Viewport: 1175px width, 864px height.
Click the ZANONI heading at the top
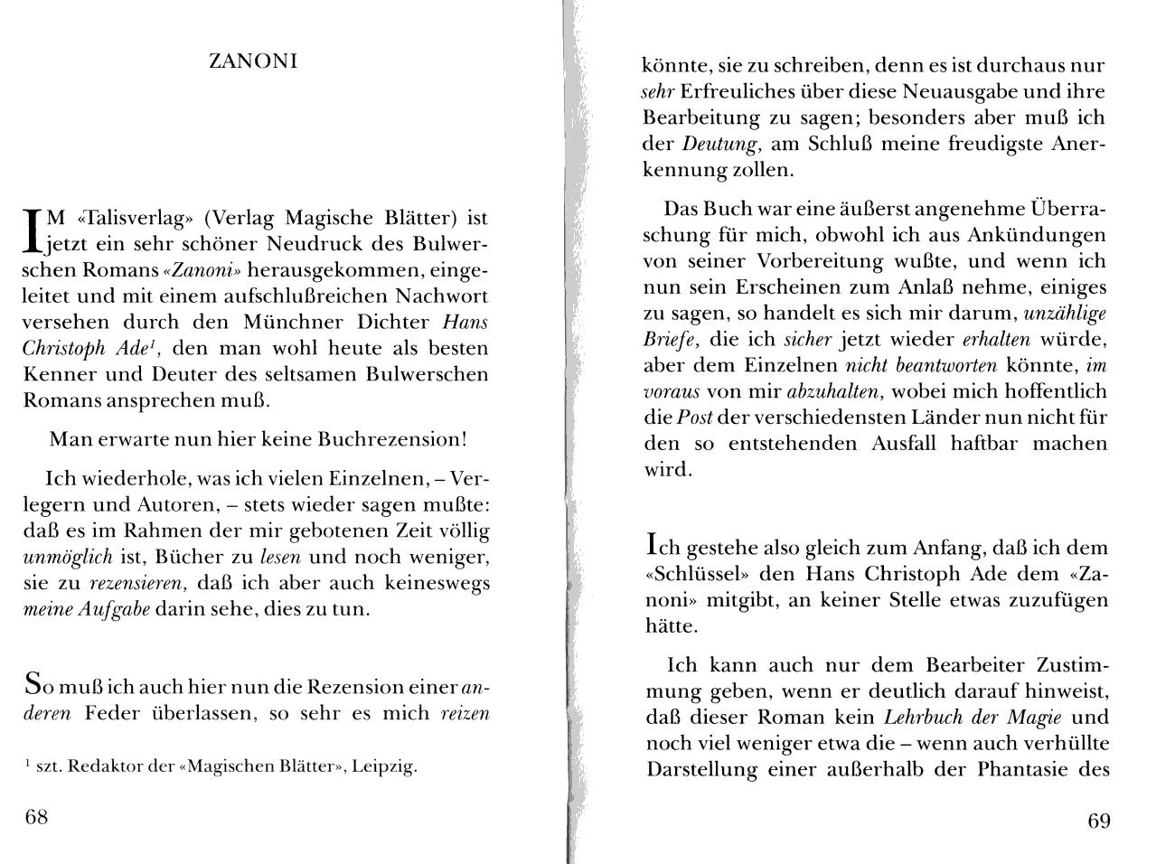[x=253, y=62]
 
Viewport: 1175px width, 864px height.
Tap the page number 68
[x=36, y=818]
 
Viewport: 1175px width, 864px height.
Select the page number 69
[x=1099, y=821]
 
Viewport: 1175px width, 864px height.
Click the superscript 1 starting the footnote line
[x=27, y=765]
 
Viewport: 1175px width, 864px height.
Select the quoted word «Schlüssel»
[x=694, y=574]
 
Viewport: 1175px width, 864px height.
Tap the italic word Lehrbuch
[x=918, y=718]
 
